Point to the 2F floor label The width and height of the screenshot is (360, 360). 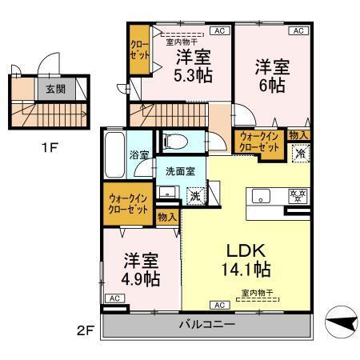pyautogui.click(x=86, y=328)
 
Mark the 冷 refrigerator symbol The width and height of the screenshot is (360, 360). pyautogui.click(x=299, y=154)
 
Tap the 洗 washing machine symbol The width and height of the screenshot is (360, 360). pyautogui.click(x=195, y=195)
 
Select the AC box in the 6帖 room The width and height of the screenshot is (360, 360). pyautogui.click(x=298, y=30)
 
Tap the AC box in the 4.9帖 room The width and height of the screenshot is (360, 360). pyautogui.click(x=114, y=298)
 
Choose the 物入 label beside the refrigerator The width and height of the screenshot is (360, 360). pyautogui.click(x=299, y=135)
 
